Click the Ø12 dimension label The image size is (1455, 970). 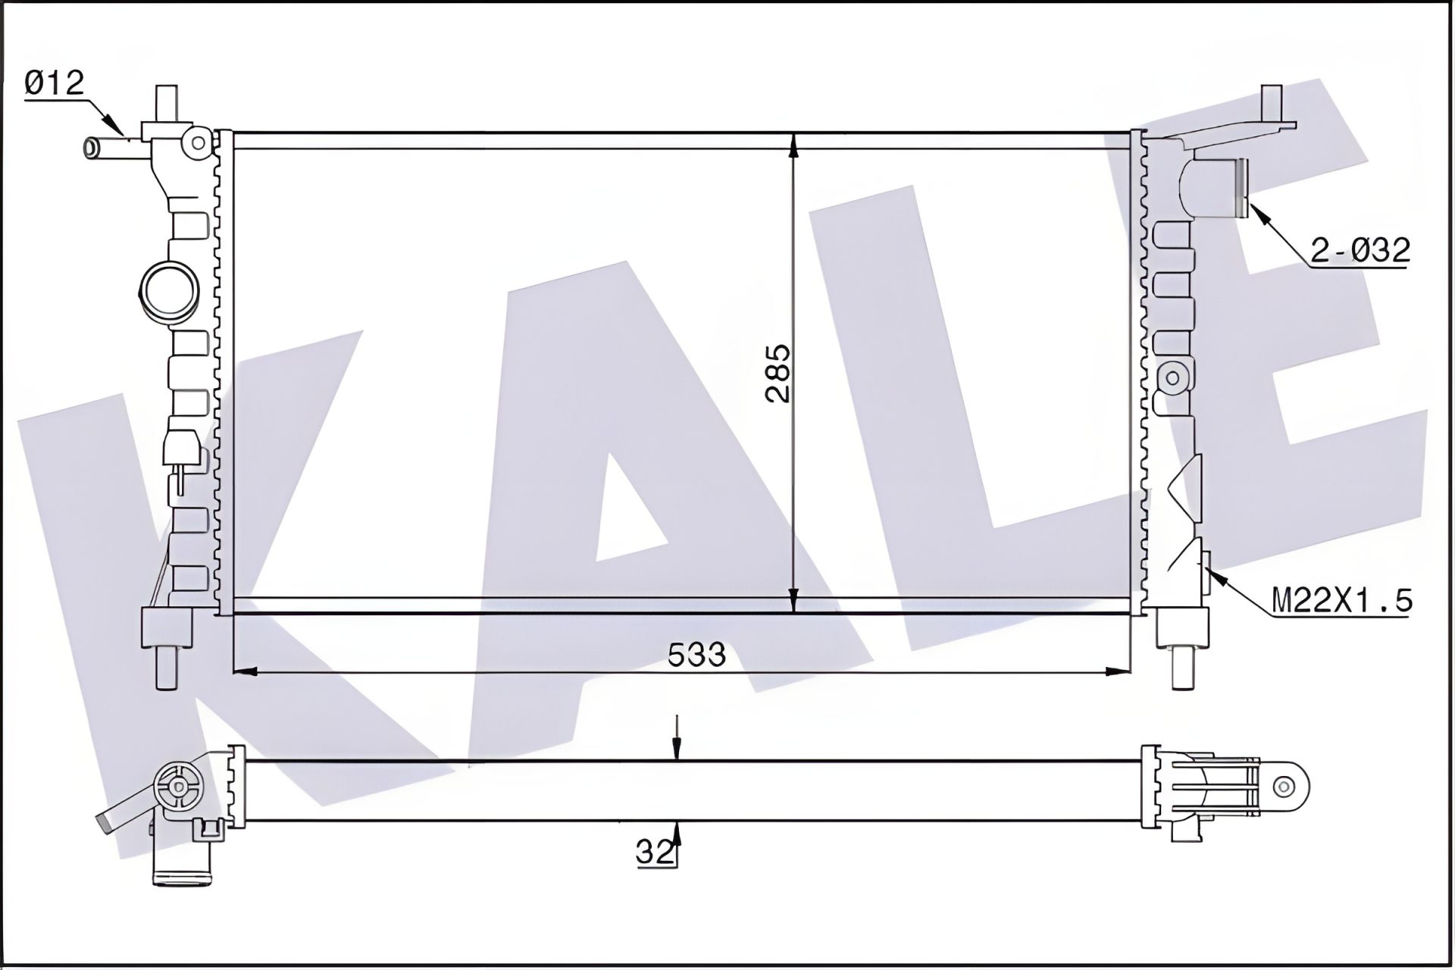point(54,83)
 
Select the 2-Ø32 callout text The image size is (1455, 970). point(1360,250)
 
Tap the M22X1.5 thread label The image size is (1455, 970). point(1341,601)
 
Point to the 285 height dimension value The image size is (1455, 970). point(778,372)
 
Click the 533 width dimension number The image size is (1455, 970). point(696,654)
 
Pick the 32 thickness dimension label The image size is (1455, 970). point(656,853)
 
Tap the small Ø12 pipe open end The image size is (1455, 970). point(91,147)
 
